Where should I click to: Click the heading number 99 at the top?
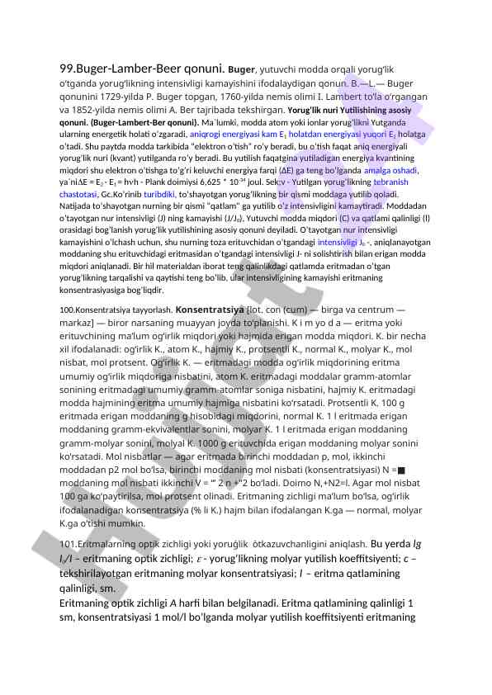click(68, 70)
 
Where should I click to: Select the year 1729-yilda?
click(122, 98)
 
